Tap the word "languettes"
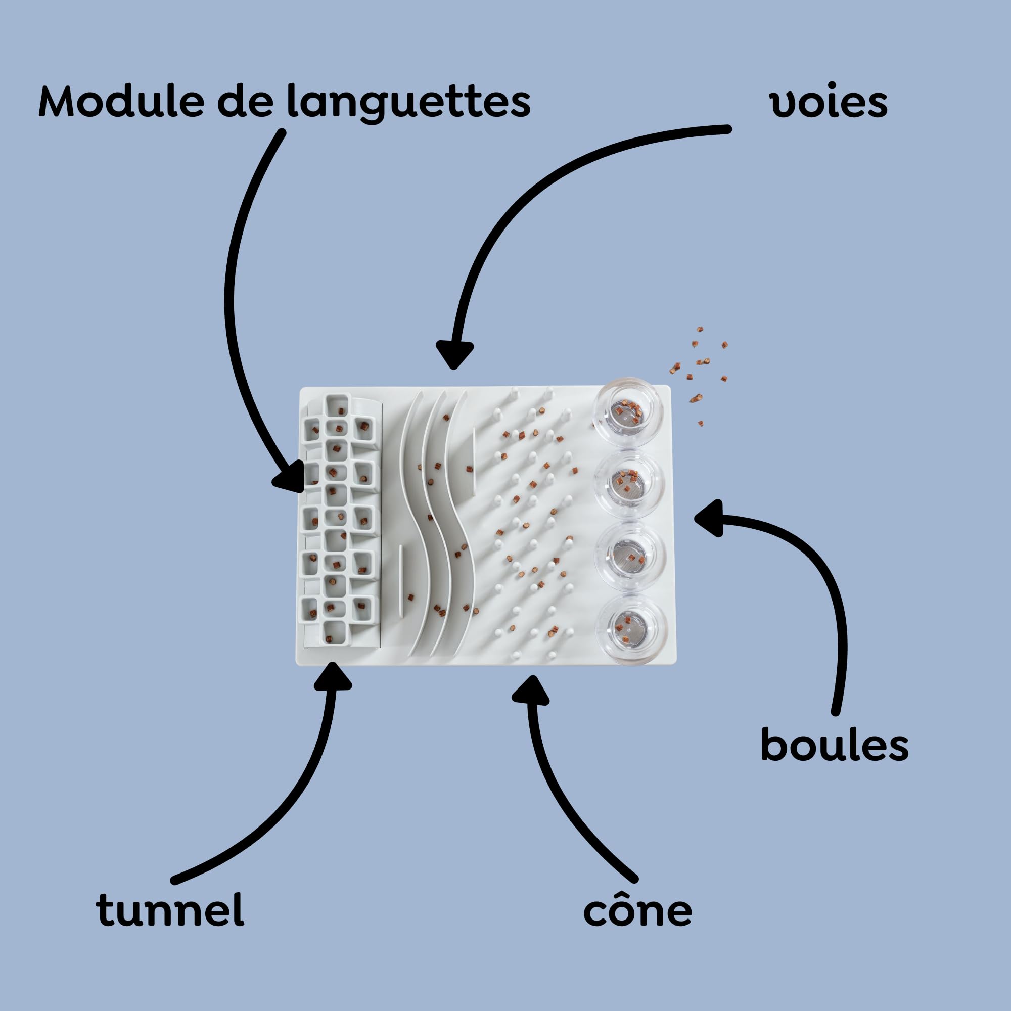click(408, 104)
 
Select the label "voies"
click(829, 103)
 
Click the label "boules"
click(834, 744)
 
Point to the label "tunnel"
click(170, 909)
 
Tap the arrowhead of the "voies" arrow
click(454, 355)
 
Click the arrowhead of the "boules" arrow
click(710, 518)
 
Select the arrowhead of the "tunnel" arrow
click(333, 677)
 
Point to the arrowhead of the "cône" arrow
click(531, 690)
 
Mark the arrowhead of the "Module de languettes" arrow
click(289, 478)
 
